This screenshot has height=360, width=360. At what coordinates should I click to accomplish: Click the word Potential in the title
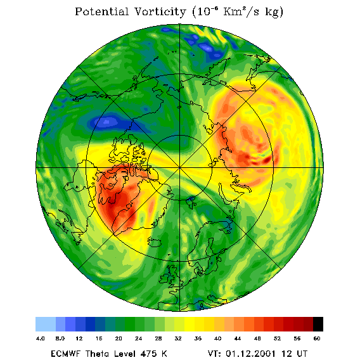pyautogui.click(x=101, y=11)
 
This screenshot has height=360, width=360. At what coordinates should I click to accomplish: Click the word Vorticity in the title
pyautogui.click(x=160, y=11)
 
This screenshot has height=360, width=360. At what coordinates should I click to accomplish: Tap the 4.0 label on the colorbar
pyautogui.click(x=40, y=338)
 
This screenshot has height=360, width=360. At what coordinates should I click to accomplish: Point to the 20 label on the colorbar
pyautogui.click(x=119, y=338)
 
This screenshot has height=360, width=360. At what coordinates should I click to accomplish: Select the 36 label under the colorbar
pyautogui.click(x=198, y=338)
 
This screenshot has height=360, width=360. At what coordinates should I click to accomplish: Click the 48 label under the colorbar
pyautogui.click(x=257, y=338)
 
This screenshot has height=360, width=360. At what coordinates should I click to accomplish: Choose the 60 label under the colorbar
pyautogui.click(x=317, y=338)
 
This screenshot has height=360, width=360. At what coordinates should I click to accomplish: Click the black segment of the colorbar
pyautogui.click(x=318, y=324)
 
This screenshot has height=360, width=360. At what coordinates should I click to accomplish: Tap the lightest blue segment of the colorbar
pyautogui.click(x=46, y=324)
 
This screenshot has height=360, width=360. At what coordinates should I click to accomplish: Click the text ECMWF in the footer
pyautogui.click(x=65, y=353)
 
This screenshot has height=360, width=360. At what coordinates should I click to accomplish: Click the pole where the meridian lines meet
pyautogui.click(x=180, y=167)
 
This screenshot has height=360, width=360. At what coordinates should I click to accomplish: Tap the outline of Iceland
pyautogui.click(x=154, y=242)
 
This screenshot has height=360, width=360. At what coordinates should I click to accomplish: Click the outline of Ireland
pyautogui.click(x=164, y=278)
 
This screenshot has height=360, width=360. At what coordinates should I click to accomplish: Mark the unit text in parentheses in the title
pyautogui.click(x=238, y=12)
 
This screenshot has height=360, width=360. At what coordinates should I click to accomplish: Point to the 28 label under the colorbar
pyautogui.click(x=158, y=338)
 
